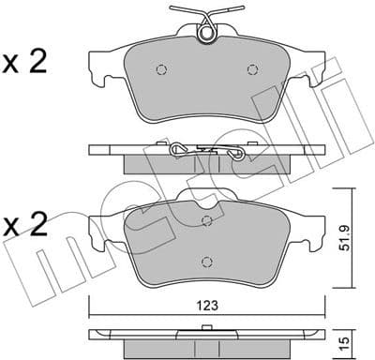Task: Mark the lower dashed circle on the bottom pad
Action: pos(205,262)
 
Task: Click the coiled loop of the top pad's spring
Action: pos(206,35)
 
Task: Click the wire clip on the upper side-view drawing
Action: pos(206,150)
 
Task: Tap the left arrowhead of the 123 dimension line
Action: pos(92,313)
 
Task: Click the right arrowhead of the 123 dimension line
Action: pos(322,313)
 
